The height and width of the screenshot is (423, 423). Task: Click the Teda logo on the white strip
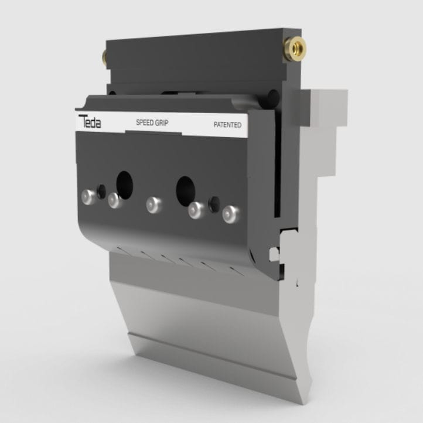pyautogui.click(x=90, y=121)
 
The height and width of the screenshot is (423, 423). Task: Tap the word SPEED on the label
pyautogui.click(x=145, y=123)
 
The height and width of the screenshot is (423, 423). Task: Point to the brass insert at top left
pyautogui.click(x=105, y=57)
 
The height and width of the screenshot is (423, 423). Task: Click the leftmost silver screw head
pyautogui.click(x=88, y=197)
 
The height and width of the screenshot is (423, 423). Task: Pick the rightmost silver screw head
pyautogui.click(x=231, y=214)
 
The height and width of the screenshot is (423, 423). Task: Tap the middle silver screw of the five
pyautogui.click(x=153, y=204)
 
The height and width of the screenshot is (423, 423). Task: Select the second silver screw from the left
pyautogui.click(x=115, y=200)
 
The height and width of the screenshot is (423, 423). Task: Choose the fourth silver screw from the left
pyautogui.click(x=197, y=210)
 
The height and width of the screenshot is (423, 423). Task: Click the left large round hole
pyautogui.click(x=124, y=185)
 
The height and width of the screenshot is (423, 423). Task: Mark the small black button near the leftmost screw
pyautogui.click(x=102, y=191)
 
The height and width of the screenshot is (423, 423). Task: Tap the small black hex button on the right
pyautogui.click(x=214, y=204)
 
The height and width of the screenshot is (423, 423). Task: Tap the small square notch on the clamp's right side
pyautogui.click(x=273, y=254)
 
